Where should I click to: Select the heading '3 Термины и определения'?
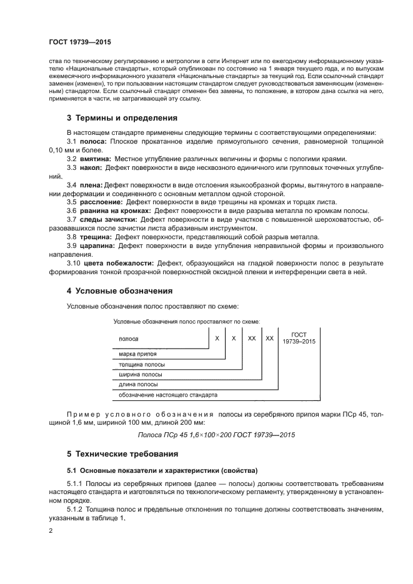(121, 117)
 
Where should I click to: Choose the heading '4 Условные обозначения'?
(120, 291)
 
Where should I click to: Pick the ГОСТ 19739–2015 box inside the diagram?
(299, 338)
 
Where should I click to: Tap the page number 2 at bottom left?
(51, 530)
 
